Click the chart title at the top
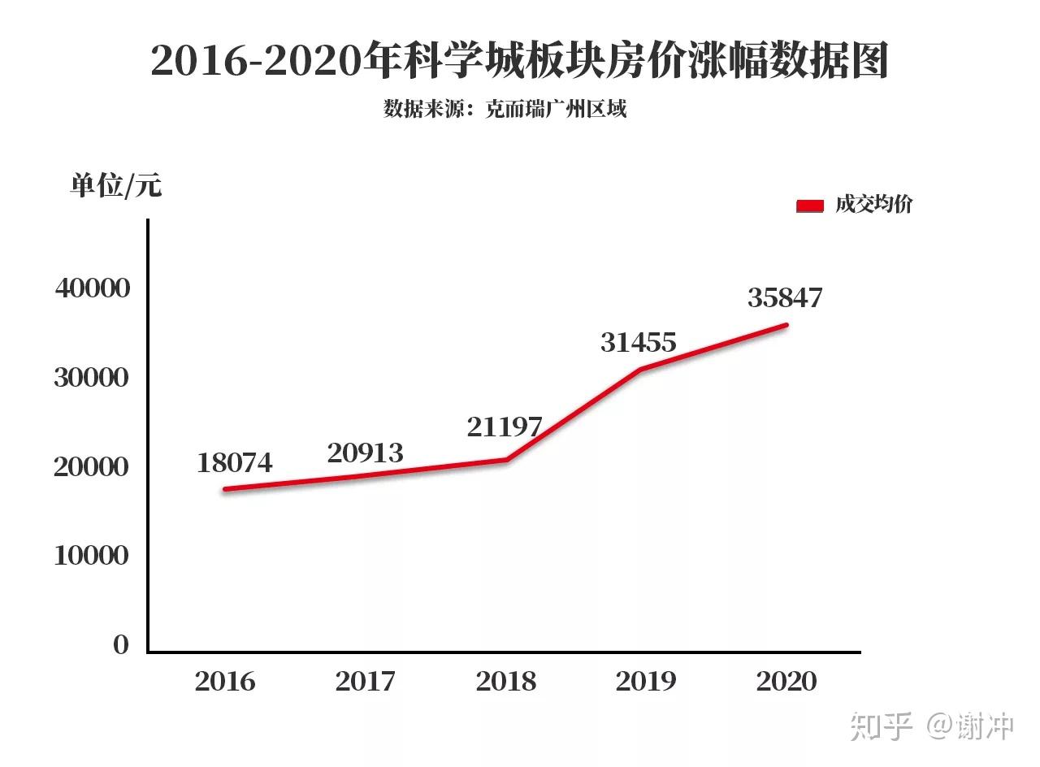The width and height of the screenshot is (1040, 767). click(520, 62)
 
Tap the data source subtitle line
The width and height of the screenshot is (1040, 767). click(505, 109)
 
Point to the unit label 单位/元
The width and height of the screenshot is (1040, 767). click(116, 186)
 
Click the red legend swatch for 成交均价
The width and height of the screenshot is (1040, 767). click(810, 206)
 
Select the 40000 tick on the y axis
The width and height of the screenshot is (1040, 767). click(93, 288)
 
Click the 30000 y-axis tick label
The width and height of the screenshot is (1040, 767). click(92, 377)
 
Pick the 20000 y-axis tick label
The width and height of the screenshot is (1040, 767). click(92, 466)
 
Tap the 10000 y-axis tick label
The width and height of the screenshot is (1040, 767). click(92, 556)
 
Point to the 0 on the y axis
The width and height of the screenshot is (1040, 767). click(121, 645)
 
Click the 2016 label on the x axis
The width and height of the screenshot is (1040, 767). click(225, 681)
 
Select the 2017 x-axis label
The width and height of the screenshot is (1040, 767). click(366, 681)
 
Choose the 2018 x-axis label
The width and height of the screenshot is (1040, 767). click(506, 681)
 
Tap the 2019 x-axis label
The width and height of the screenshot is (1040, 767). click(646, 681)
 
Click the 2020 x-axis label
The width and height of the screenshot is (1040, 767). click(786, 681)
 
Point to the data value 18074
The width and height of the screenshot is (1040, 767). click(235, 463)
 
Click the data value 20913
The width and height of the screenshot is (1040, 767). click(365, 453)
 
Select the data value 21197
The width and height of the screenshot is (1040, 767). click(505, 427)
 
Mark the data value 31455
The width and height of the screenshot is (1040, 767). click(639, 343)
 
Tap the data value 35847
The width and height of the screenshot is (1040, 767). click(785, 298)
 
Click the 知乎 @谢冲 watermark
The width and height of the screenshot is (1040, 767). click(932, 726)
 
